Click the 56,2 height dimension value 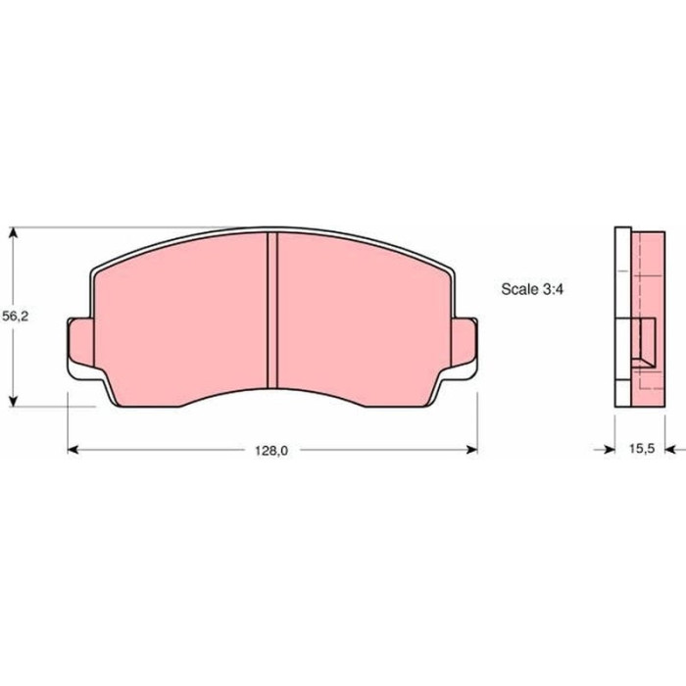16,316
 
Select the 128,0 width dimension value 271,451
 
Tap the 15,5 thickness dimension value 642,449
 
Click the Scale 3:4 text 532,289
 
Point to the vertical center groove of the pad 272,311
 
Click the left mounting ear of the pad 81,343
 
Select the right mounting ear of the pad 464,343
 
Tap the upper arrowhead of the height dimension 14,232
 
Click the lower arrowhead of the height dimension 14,401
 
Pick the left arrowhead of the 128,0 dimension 73,450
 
